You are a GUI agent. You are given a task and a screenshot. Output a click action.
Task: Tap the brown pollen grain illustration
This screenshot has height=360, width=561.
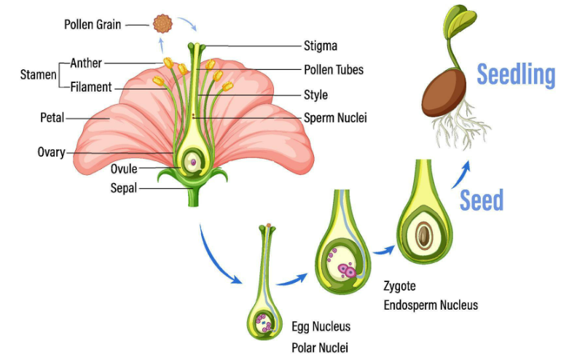click(162, 24)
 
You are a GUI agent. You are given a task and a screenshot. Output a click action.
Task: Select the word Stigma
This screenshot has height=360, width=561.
click(321, 46)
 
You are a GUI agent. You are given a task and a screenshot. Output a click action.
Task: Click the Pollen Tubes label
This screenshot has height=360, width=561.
click(334, 70)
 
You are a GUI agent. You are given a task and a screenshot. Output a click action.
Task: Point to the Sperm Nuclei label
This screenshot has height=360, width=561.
click(335, 117)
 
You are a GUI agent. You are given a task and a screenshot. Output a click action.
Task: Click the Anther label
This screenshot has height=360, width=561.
click(87, 63)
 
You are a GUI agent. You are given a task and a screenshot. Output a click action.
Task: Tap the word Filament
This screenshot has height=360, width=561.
click(91, 87)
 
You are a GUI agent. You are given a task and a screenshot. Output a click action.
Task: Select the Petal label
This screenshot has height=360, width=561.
click(52, 117)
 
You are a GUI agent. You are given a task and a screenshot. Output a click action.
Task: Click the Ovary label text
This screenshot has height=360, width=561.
click(51, 152)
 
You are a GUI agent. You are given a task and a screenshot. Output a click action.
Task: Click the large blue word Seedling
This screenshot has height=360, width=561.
click(516, 74)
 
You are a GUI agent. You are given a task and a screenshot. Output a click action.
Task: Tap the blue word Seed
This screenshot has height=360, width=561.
click(482, 199)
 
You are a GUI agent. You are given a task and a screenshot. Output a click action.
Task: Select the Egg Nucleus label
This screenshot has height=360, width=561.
click(321, 326)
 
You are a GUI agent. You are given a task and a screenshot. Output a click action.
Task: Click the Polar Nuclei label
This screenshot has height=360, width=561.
click(320, 347)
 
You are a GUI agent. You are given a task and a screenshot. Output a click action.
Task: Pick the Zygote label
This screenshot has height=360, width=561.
click(400, 286)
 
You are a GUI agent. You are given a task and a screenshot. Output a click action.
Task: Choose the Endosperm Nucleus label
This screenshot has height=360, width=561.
click(431, 305)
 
